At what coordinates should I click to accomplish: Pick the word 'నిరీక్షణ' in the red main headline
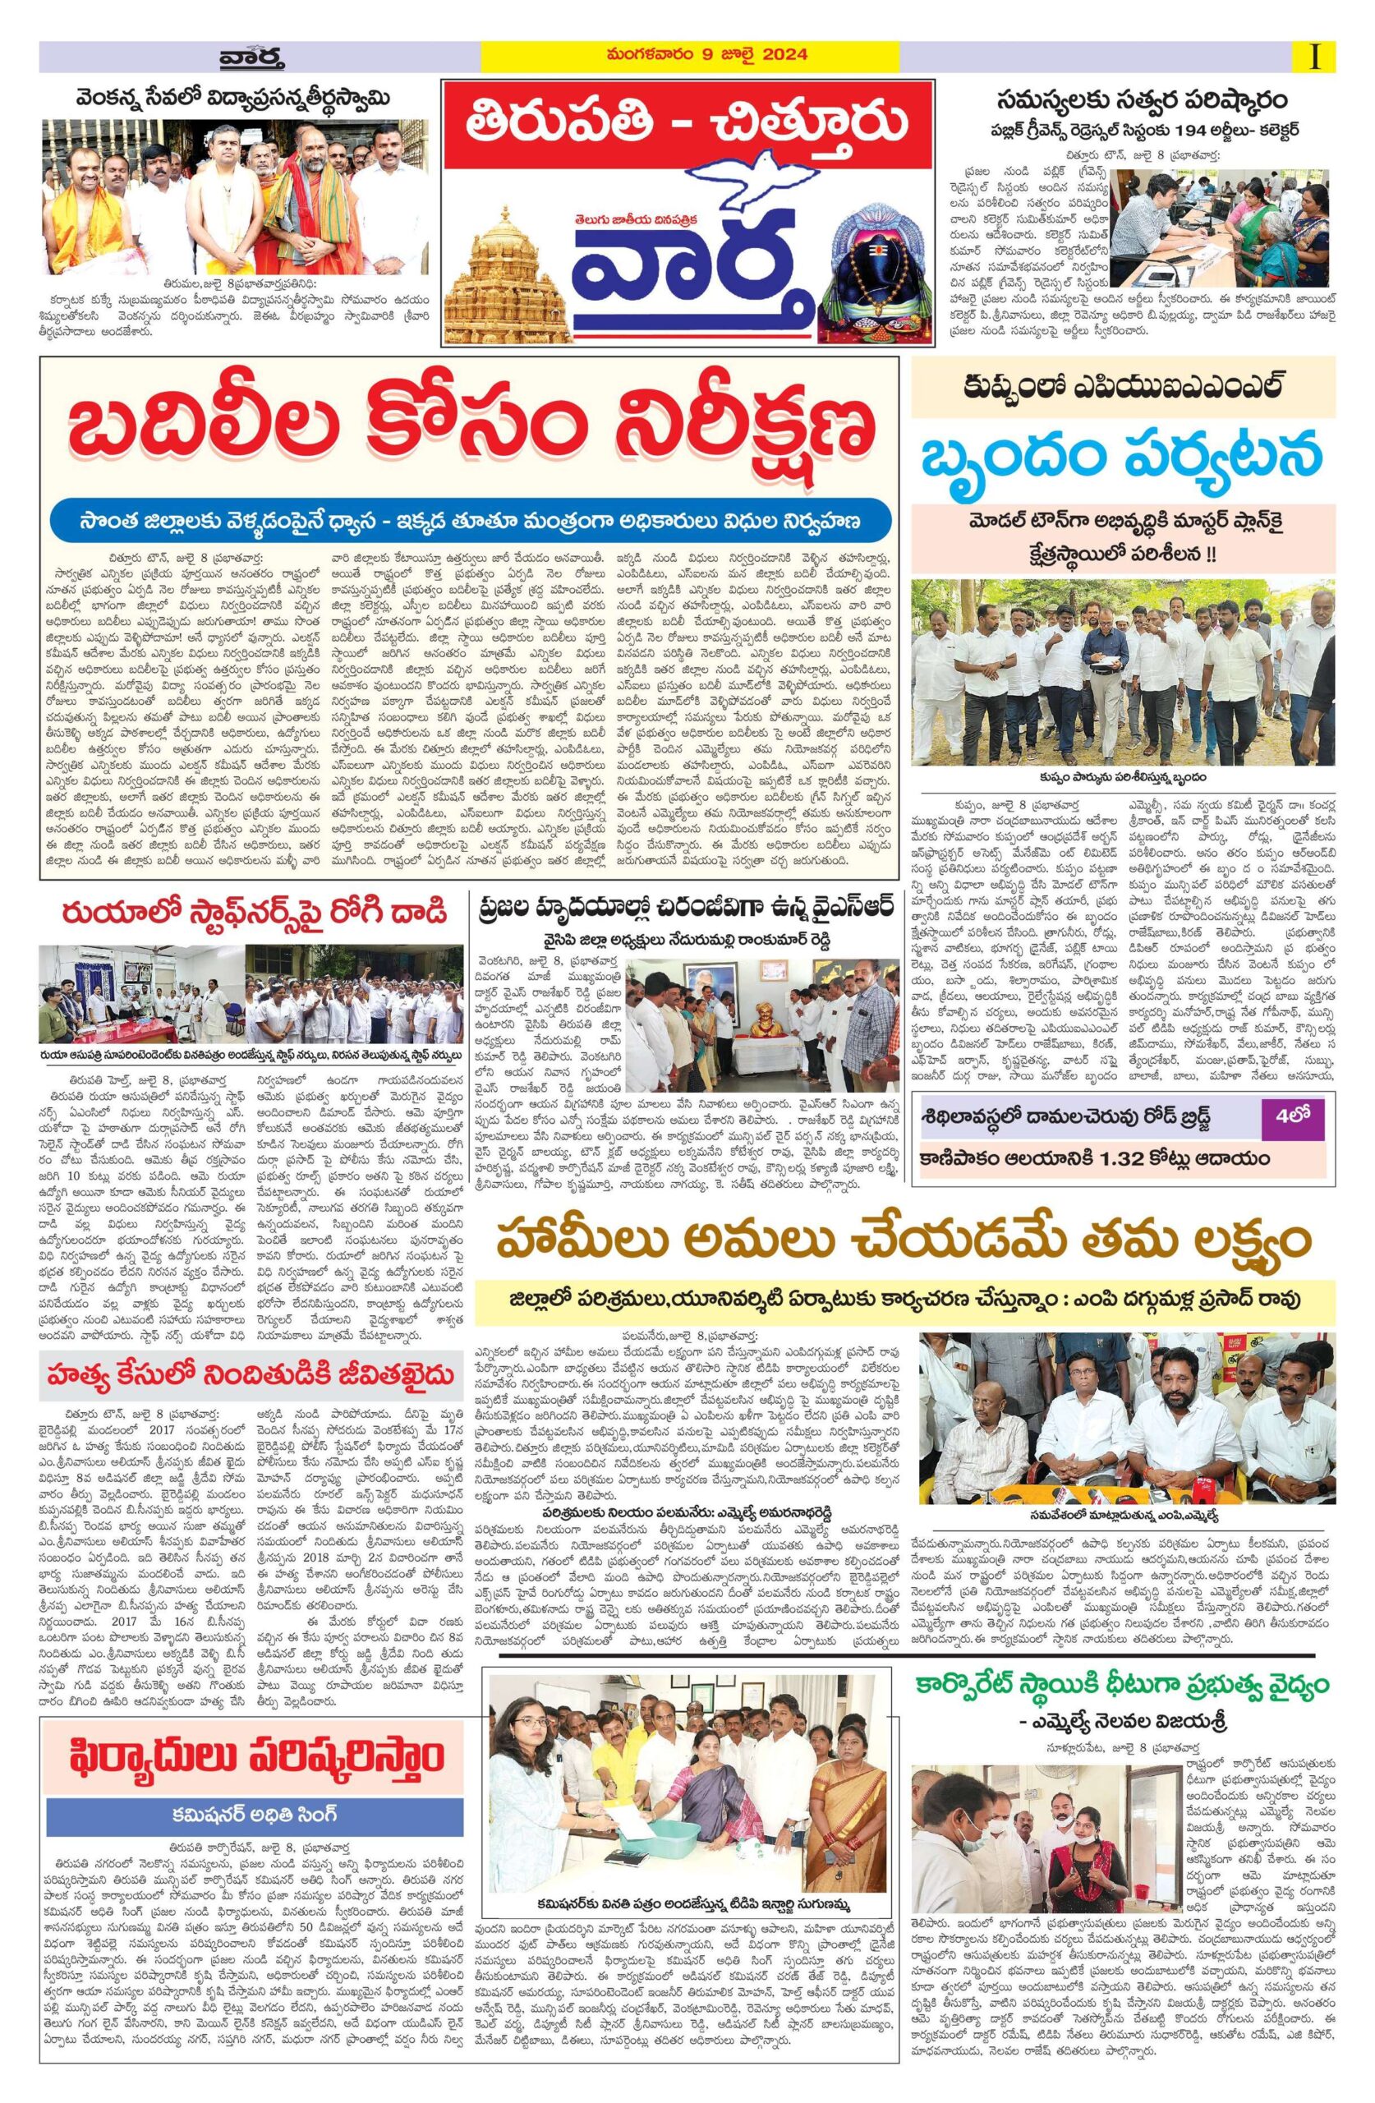pos(720,432)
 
